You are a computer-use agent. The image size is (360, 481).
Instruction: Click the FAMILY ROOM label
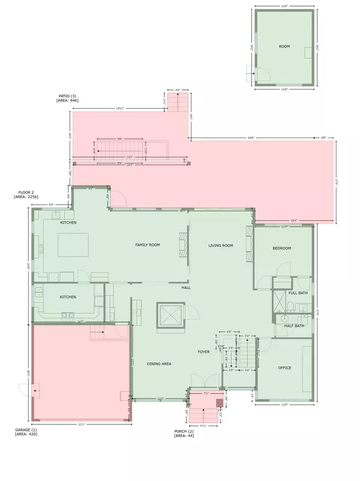tap(147, 245)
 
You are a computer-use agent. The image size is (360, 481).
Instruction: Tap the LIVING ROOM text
tap(220, 246)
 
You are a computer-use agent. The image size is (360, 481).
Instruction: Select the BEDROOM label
tap(282, 248)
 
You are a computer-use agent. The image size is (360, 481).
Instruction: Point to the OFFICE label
tap(284, 368)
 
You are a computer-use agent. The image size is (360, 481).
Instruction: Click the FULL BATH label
tap(298, 293)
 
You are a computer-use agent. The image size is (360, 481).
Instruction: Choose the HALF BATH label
tap(294, 325)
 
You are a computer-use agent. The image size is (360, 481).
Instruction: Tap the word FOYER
tap(204, 351)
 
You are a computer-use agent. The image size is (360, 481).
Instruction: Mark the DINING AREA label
tap(160, 364)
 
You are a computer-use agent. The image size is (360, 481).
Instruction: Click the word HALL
tap(186, 288)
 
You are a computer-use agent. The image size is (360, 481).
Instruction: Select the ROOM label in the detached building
tap(284, 46)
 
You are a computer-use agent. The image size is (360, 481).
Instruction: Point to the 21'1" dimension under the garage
tap(81, 425)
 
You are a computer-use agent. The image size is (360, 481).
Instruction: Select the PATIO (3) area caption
tap(68, 98)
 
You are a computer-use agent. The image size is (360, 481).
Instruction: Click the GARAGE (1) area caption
tap(26, 432)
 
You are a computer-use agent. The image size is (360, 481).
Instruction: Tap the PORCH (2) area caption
tap(184, 434)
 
